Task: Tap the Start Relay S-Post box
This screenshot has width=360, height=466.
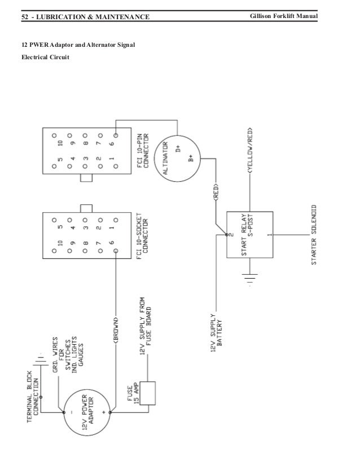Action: click(249, 234)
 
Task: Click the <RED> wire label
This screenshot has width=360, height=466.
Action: click(216, 192)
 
